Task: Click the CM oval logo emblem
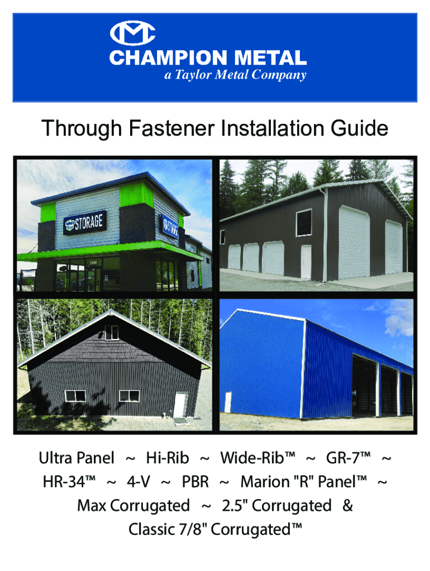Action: click(133, 35)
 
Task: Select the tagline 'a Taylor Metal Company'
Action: click(235, 75)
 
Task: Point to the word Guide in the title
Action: click(358, 129)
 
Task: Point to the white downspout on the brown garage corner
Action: click(326, 234)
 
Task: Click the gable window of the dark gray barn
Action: click(111, 333)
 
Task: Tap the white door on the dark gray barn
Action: click(180, 404)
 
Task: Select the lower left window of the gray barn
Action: click(75, 396)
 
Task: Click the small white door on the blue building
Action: click(227, 402)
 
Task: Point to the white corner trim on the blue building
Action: click(304, 368)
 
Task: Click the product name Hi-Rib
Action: click(168, 458)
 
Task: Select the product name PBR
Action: click(195, 482)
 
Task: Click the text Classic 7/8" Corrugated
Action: click(215, 529)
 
